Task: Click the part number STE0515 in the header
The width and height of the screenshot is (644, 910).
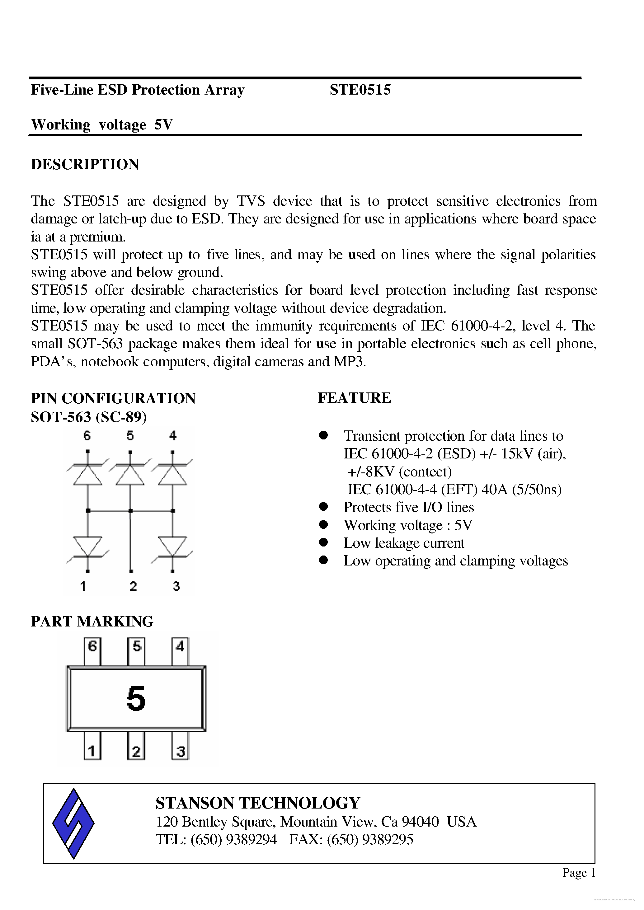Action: pos(360,90)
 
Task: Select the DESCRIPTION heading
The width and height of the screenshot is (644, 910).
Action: pos(85,164)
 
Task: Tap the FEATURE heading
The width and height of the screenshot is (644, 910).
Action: pos(354,398)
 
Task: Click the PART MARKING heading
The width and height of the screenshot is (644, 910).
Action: pos(92,621)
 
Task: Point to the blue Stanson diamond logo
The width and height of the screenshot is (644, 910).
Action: pos(73,823)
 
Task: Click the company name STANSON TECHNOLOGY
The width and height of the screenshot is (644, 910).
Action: pos(258,803)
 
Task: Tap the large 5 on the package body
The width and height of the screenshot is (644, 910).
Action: pos(136,699)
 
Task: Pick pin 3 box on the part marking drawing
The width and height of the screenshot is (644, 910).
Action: pos(181,751)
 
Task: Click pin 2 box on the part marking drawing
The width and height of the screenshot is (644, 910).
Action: pos(136,751)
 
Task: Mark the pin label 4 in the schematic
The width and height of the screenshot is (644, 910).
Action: pos(172,436)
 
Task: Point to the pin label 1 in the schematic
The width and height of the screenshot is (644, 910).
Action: pos(83,586)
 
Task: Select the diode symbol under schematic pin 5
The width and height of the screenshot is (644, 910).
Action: pos(130,474)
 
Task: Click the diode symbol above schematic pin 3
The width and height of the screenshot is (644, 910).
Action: pos(172,546)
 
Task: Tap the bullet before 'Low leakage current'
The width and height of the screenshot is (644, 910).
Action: pos(324,542)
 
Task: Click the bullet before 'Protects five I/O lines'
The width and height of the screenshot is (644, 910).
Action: pos(324,507)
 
